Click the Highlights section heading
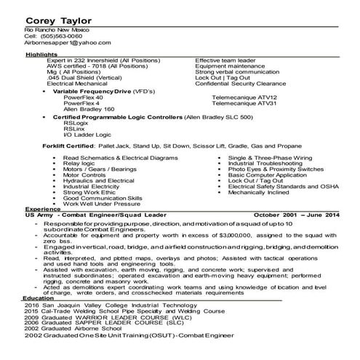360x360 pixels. (x=41, y=55)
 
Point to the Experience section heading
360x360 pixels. (x=42, y=208)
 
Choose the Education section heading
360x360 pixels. (x=39, y=297)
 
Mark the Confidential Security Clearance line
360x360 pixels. (x=244, y=84)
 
